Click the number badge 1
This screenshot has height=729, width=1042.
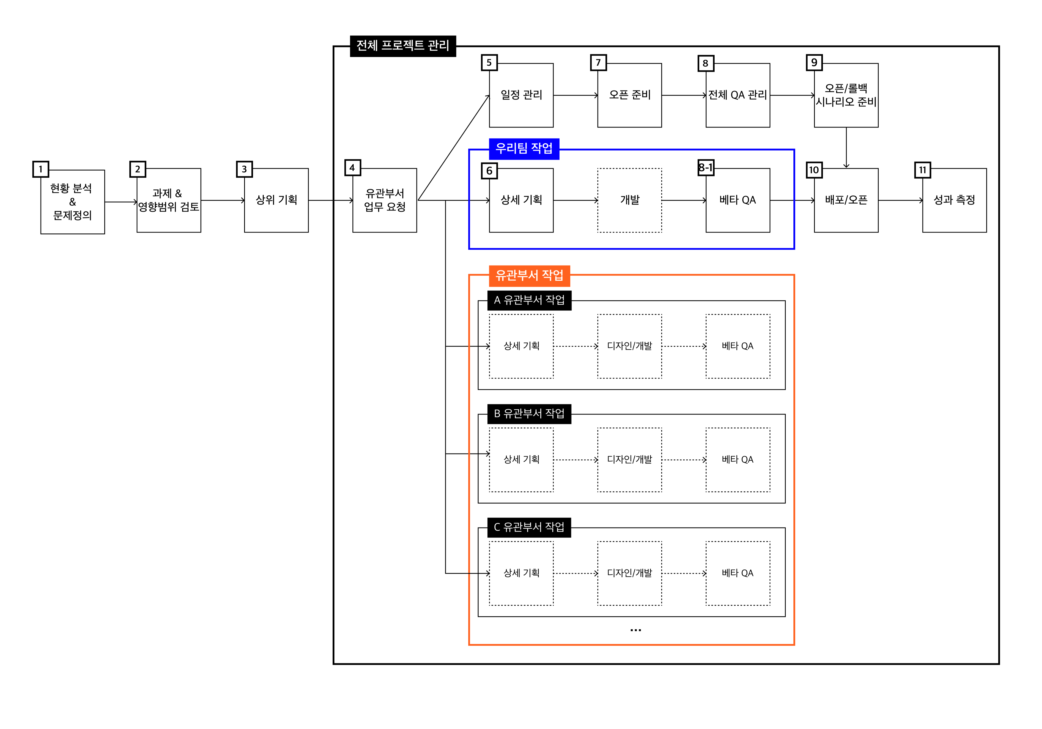point(40,169)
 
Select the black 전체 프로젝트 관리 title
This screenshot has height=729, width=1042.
point(403,46)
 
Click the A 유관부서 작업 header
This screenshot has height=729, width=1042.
point(529,300)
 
